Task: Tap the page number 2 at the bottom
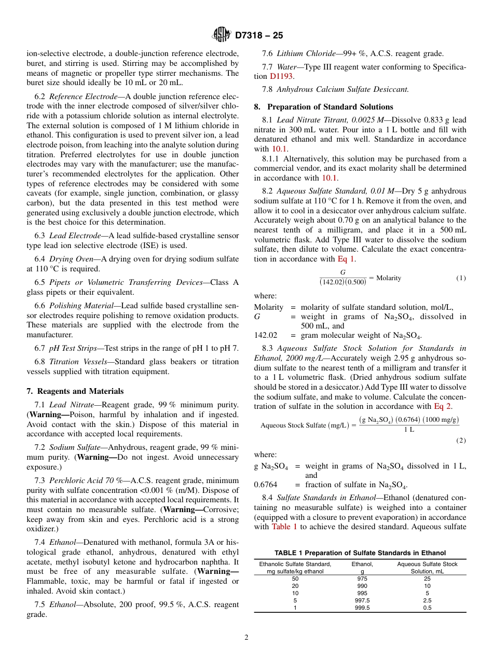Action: pos(246,638)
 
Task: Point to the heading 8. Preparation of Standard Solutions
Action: pos(323,107)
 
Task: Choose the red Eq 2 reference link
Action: pos(442,406)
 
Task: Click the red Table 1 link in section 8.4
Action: pos(284,526)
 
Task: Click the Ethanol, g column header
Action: pos(362,567)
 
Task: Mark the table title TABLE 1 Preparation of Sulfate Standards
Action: pos(360,553)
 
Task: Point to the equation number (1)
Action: pos(461,278)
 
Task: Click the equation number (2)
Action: pos(461,441)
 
